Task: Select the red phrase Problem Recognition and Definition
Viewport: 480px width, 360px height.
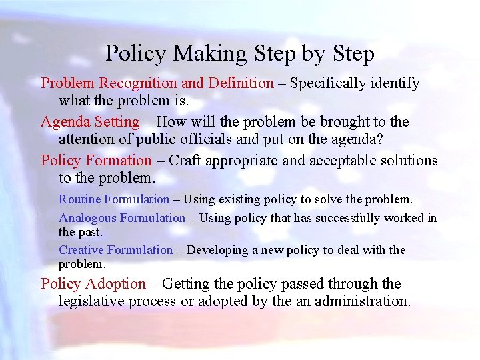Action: pyautogui.click(x=157, y=83)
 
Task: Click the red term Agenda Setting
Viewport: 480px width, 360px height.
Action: pyautogui.click(x=90, y=122)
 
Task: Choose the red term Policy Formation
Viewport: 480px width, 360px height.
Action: pyautogui.click(x=97, y=161)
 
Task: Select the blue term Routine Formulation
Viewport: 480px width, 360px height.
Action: pyautogui.click(x=114, y=199)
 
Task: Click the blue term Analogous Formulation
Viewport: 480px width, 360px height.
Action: pyautogui.click(x=122, y=218)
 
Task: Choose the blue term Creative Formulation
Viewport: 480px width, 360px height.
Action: pyautogui.click(x=116, y=250)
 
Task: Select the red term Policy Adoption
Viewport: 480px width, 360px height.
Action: pyautogui.click(x=93, y=284)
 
